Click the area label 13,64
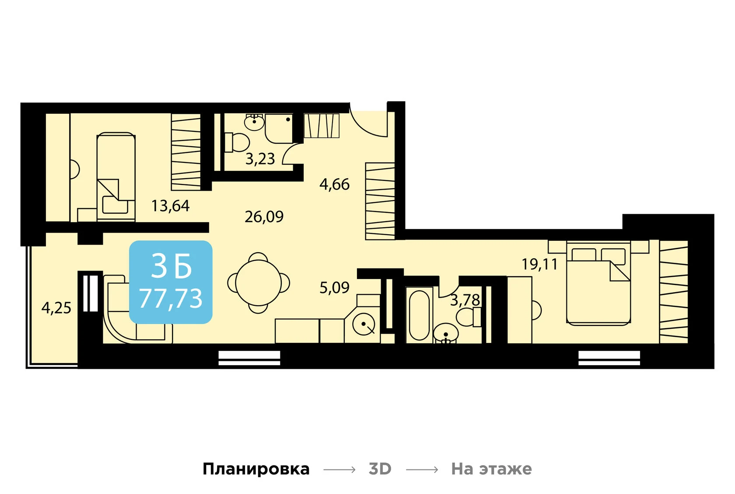pos(170,206)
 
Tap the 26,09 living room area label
pos(264,217)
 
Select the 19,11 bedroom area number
pos(539,265)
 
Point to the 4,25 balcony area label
pos(56,308)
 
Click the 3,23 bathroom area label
pos(260,159)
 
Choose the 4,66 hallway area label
pos(334,184)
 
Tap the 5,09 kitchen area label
pos(334,288)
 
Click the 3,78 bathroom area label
pos(465,300)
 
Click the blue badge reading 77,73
pos(171,282)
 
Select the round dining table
pos(258,283)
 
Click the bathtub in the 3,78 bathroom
pos(419,314)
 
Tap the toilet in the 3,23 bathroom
pos(237,142)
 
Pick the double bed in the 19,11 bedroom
pos(598,285)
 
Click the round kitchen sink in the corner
pos(364,325)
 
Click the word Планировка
pos(256,469)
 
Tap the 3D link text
pos(380,469)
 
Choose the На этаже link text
pos(491,469)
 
